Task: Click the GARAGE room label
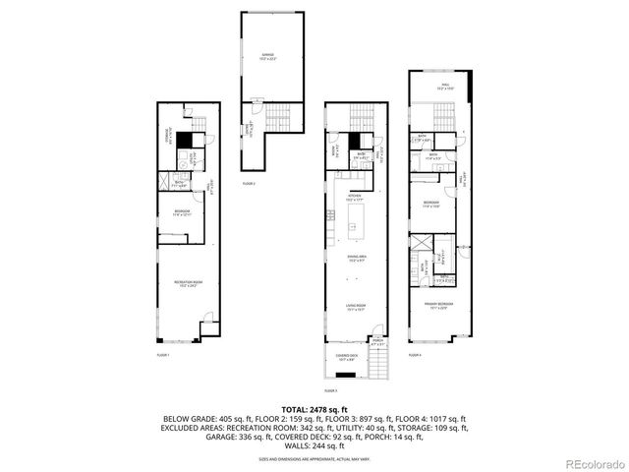click(x=266, y=55)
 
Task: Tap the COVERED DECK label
click(x=346, y=358)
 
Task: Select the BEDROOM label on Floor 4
click(x=433, y=205)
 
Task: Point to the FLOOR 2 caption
click(x=249, y=184)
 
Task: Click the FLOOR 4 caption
click(x=414, y=354)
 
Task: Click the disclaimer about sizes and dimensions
click(x=314, y=458)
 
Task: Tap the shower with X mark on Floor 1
click(x=168, y=181)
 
